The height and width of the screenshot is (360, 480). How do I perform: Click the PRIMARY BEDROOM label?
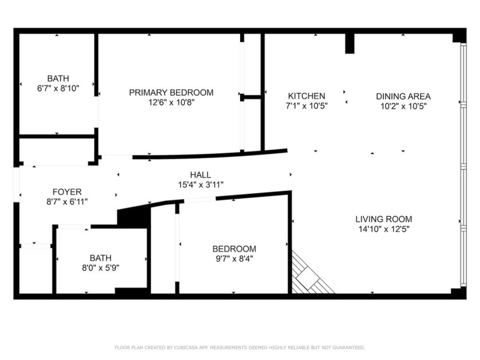click(171, 93)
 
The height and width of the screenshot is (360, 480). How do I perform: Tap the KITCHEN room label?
click(306, 96)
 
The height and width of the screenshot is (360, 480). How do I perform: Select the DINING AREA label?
click(403, 96)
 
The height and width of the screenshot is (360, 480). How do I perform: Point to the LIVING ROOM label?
click(383, 219)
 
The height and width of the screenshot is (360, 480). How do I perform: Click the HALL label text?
click(200, 175)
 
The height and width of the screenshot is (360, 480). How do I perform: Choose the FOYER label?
click(67, 191)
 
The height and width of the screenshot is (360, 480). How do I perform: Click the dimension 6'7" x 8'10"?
click(58, 88)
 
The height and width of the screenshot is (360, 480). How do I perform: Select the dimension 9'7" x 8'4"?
click(234, 258)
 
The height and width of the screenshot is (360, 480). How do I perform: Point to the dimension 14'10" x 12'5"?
click(383, 229)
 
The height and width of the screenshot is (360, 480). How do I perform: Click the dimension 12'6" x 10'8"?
click(171, 102)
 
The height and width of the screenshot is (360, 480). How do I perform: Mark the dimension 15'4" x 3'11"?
click(200, 184)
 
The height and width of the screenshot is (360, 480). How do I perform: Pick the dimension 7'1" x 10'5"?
click(306, 106)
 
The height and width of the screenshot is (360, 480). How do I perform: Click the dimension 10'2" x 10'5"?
click(403, 106)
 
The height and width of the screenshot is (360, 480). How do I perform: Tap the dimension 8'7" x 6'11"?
click(67, 201)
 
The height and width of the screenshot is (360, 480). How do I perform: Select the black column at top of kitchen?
click(350, 43)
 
